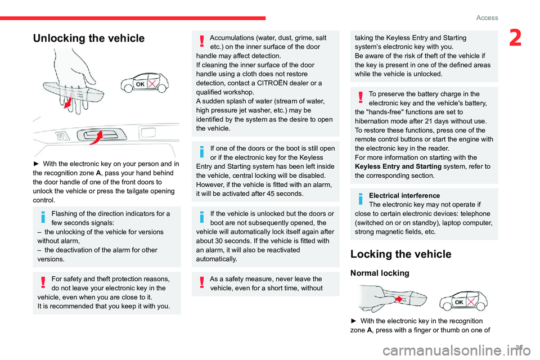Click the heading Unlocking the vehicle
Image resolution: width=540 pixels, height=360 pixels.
pyautogui.click(x=89, y=38)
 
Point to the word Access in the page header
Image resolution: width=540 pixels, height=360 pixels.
pyautogui.click(x=487, y=17)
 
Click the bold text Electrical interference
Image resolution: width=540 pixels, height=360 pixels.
pyautogui.click(x=401, y=195)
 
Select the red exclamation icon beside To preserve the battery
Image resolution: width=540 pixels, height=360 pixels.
pyautogui.click(x=360, y=98)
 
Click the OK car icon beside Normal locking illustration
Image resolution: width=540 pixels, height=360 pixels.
pyautogui.click(x=463, y=302)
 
